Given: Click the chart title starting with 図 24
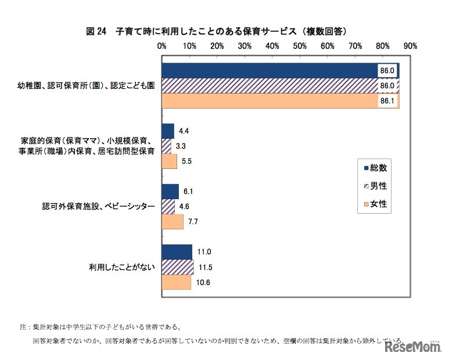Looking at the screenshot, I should coord(220,31).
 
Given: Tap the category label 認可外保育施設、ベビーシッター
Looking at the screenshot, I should coord(99,206).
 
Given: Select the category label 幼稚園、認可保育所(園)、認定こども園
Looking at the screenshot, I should coord(85,85).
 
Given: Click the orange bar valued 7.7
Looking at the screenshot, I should coord(173,221).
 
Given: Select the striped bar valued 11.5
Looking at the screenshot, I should coord(178,267).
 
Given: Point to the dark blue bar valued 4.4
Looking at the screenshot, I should coord(168,131).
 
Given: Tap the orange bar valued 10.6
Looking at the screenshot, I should coord(177,282).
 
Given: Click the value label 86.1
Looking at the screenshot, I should coord(387,100).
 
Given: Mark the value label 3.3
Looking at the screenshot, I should coord(181,146).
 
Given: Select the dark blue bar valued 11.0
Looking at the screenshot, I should coord(177,251).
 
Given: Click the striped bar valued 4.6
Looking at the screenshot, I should coord(168,206).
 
